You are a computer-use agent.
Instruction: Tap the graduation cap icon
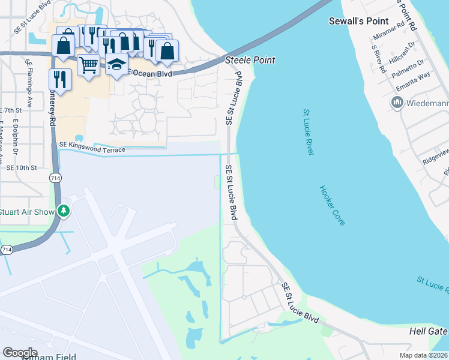[117, 64]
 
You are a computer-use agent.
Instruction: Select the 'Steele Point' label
[250, 60]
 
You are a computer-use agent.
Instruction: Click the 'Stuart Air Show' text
[27, 211]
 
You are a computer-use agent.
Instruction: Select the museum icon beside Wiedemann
[397, 103]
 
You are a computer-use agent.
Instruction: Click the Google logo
[20, 353]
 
